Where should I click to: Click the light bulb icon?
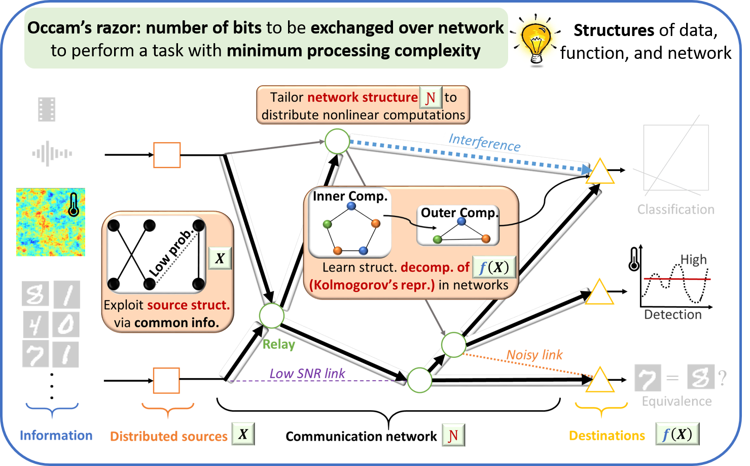coord(535,41)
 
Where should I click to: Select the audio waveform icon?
coord(52,153)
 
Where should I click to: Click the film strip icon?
coord(47,109)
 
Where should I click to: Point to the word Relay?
coord(278,345)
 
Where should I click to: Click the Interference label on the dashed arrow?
coord(484,143)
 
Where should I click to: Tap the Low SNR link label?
coord(307,374)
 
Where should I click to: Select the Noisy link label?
coord(534,355)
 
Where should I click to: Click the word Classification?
coord(675,210)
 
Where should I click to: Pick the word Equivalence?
coord(676,402)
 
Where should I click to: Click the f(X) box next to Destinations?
coord(677,435)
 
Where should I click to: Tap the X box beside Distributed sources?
coord(243,434)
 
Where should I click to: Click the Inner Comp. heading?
coord(350,196)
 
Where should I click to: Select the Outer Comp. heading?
coord(459,213)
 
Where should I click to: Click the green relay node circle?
coord(272,316)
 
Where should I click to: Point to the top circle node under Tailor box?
coord(337,142)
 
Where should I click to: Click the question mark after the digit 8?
coord(723,378)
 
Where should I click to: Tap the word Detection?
coord(672,315)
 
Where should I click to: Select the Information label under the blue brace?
coord(56,436)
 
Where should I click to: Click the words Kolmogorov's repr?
coord(372,285)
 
